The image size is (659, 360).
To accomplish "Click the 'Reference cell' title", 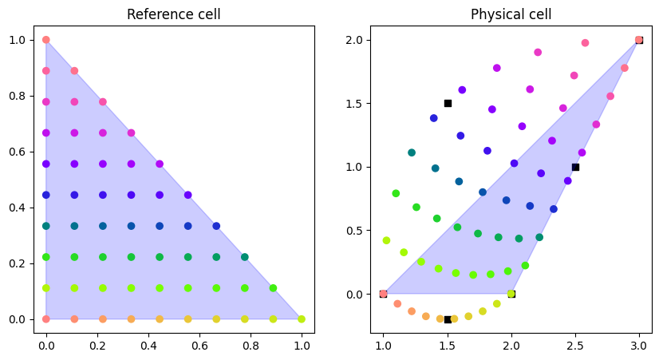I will [x=173, y=14].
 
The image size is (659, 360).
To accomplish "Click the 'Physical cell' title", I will [x=511, y=14].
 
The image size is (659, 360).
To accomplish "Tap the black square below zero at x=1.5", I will [x=448, y=319].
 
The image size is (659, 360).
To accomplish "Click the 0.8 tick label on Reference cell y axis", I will [x=18, y=96].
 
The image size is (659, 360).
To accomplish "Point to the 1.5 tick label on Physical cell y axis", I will [x=354, y=103].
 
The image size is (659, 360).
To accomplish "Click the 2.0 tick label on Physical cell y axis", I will [x=354, y=40].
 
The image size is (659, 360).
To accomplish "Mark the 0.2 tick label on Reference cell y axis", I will [x=18, y=263].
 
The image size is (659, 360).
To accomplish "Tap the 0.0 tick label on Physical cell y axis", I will [x=354, y=294].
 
